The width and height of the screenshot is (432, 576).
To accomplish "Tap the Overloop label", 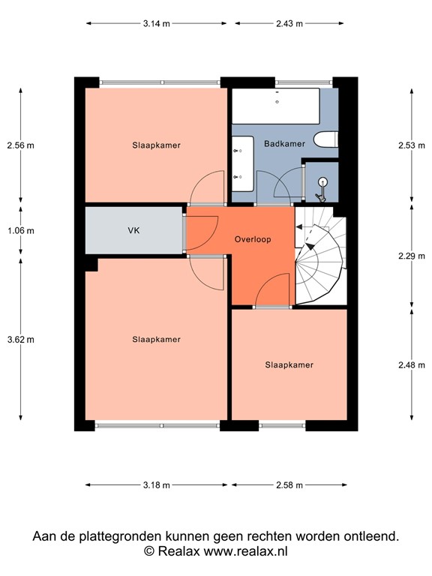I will [253, 240].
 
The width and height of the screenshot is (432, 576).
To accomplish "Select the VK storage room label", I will [134, 232].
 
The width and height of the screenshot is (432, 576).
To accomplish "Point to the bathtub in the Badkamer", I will [275, 106].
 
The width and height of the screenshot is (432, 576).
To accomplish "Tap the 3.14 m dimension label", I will [156, 23].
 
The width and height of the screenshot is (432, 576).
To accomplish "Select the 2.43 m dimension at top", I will [289, 23].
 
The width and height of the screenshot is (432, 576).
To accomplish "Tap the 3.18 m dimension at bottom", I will [156, 485].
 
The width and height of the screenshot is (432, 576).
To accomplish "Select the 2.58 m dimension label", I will [289, 485].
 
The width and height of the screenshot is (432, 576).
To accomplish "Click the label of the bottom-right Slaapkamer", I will [289, 365].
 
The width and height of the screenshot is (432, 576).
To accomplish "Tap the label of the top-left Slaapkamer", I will [156, 145].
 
